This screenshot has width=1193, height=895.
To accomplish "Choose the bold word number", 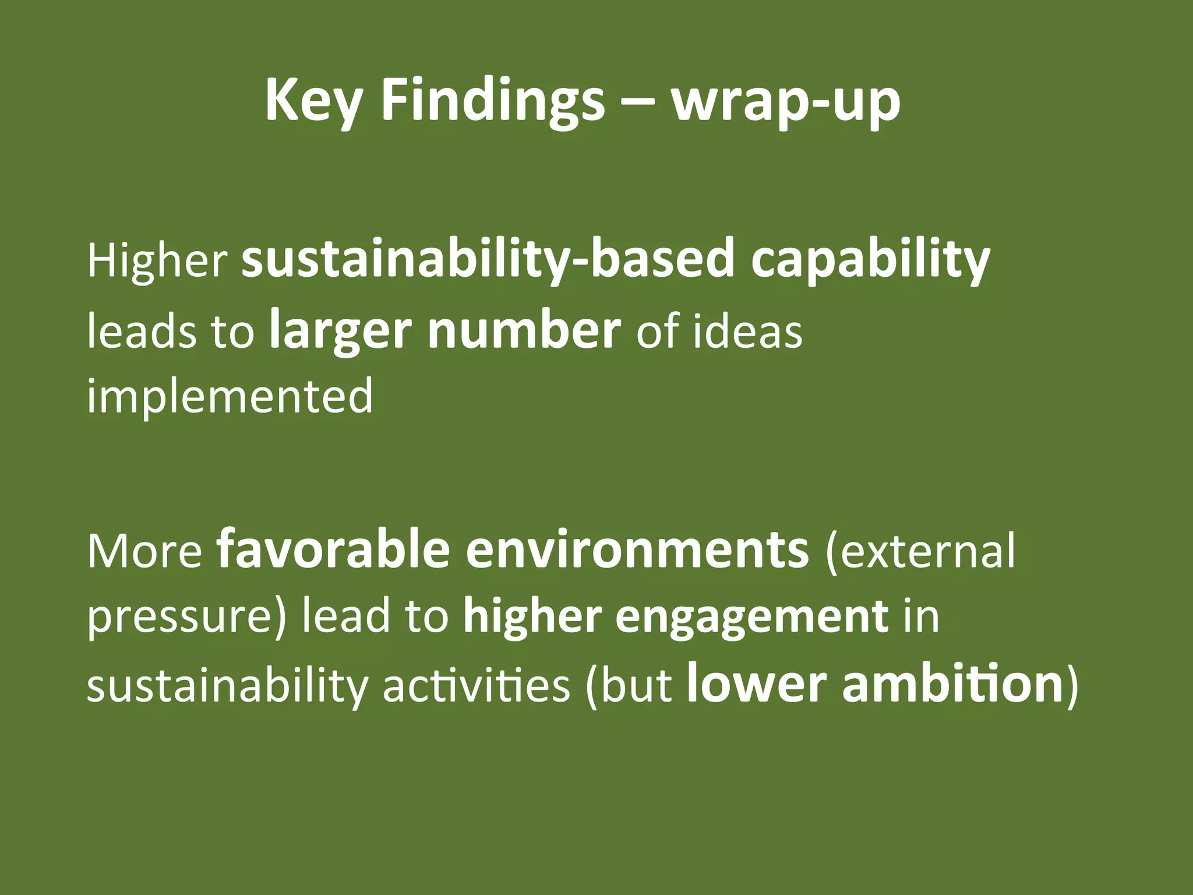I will pos(524,330).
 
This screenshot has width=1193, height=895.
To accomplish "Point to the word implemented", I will pos(230,396).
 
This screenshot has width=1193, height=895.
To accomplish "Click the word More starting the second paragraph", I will pos(144,551).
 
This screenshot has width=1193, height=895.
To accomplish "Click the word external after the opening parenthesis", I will pos(927,551).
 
